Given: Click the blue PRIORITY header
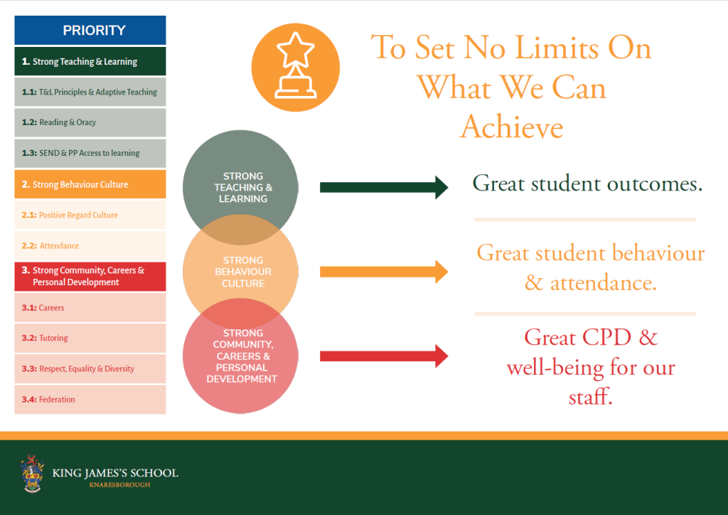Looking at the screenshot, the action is coord(90,30).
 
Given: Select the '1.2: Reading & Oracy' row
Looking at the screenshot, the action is coord(90,122).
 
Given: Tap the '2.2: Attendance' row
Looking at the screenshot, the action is coord(90,245).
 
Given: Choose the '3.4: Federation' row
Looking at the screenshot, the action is coord(90,399).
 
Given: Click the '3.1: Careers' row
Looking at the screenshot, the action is coord(90,307).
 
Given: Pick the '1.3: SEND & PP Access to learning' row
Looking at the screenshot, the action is coord(90,153).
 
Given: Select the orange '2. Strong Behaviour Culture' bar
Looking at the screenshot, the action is coord(90,184).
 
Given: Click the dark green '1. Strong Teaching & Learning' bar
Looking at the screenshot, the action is coord(90,61).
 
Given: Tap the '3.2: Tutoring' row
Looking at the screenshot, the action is coord(90,338).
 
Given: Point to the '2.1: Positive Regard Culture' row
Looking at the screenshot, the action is coord(90,215).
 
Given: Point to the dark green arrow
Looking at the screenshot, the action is coord(384,188).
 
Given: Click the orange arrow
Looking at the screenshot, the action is coord(384,272).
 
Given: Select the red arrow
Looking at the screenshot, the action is coord(384,356).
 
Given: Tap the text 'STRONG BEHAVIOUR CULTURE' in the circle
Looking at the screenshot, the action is coord(243,272).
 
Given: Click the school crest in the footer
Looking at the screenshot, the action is coord(32,473).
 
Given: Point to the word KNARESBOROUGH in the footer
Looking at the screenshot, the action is coord(119,485).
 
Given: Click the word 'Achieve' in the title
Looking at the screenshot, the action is coord(512,127).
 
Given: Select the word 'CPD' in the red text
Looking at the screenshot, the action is coord(607,337).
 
